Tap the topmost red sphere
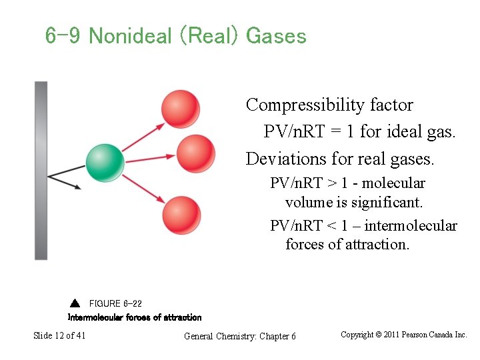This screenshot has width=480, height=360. click(x=180, y=109)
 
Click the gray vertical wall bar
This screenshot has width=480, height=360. click(x=41, y=170)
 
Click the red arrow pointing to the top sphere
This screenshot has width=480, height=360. click(x=143, y=137)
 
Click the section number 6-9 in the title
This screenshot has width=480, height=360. click(x=63, y=36)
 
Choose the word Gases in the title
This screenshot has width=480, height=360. click(x=276, y=36)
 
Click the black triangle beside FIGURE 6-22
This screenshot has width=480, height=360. click(x=75, y=304)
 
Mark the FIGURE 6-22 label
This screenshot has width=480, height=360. click(x=115, y=304)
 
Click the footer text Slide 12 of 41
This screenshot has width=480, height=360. click(x=59, y=335)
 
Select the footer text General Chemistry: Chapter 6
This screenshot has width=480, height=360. click(x=239, y=336)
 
